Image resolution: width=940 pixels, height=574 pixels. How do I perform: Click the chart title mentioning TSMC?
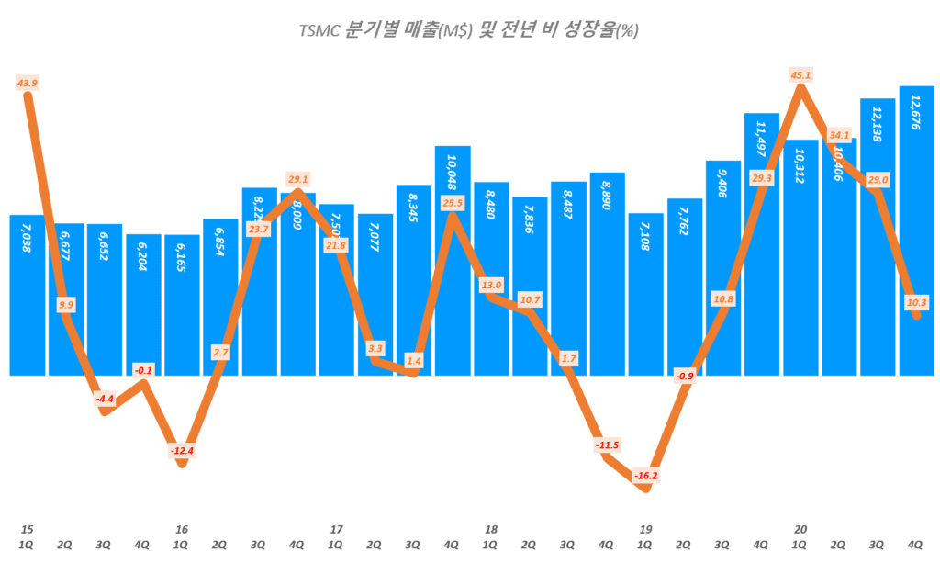469,30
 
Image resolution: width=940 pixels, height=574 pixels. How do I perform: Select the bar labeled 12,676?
916,230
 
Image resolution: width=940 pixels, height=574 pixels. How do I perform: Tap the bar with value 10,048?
453,276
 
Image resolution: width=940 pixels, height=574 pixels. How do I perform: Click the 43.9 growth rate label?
28,84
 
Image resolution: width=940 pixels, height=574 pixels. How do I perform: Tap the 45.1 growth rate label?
800,74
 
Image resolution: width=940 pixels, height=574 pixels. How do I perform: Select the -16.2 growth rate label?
645,476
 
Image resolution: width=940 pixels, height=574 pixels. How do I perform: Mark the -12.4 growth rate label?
182,451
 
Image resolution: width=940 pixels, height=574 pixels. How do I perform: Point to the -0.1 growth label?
143,370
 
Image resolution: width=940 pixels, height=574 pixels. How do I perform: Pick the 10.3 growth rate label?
915,301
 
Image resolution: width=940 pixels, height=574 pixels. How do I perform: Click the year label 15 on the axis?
28,529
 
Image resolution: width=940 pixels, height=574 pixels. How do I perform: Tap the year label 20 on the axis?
800,529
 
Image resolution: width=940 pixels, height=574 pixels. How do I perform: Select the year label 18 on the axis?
491,529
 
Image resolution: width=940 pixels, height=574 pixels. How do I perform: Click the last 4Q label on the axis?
915,544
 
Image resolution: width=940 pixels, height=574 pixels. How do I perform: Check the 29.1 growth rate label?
298,179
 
